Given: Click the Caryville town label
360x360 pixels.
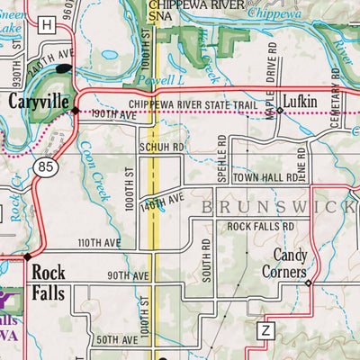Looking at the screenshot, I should coord(40,103).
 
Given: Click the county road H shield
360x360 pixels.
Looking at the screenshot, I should coord(46,27).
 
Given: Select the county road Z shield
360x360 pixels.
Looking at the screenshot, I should coord(265,331).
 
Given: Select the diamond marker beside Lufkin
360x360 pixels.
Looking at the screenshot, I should coord(279,111).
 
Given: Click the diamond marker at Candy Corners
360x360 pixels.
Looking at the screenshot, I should coord(308,283).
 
